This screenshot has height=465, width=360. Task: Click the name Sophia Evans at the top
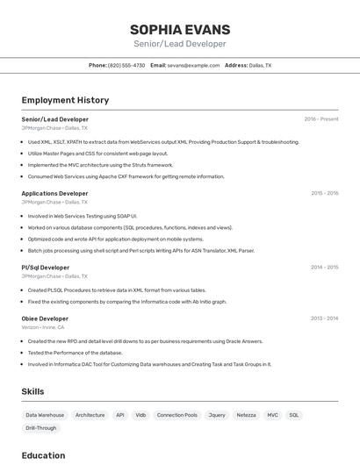click(179, 30)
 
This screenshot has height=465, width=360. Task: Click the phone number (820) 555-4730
click(126, 65)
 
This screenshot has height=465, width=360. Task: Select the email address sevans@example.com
click(193, 65)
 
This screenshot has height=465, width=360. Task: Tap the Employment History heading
click(65, 100)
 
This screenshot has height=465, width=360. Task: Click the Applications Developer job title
click(54, 193)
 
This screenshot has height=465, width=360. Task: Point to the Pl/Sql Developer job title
click(46, 268)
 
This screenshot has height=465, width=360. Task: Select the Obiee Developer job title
click(45, 318)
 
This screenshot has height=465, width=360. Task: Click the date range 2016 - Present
click(320, 119)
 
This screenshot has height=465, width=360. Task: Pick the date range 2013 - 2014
click(324, 318)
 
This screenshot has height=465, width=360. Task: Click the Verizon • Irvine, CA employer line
click(43, 327)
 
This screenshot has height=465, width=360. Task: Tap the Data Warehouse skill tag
click(45, 415)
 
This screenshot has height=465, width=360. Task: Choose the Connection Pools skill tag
click(176, 415)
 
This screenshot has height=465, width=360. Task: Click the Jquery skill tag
click(217, 415)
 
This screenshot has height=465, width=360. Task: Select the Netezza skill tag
click(247, 415)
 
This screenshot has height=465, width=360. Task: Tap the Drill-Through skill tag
click(41, 428)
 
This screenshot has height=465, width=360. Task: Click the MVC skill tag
click(273, 415)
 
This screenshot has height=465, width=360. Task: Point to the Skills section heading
click(32, 391)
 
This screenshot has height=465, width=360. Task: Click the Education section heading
click(43, 455)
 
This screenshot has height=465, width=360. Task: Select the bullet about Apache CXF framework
click(126, 176)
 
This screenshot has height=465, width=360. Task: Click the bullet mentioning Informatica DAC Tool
click(149, 364)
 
